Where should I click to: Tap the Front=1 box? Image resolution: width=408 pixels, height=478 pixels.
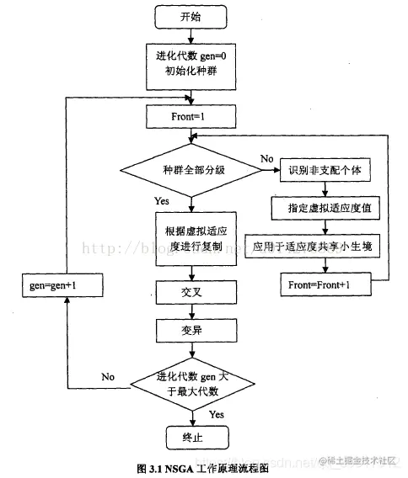click(x=191, y=117)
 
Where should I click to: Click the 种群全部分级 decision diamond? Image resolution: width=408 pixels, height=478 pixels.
click(x=191, y=170)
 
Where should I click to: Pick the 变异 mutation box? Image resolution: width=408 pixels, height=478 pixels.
click(x=191, y=331)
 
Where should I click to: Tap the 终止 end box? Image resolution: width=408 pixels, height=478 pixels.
click(x=191, y=438)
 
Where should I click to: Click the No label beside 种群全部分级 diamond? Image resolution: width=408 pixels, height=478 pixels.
click(x=267, y=158)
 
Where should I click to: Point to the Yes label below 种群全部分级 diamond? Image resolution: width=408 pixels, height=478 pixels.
click(x=162, y=202)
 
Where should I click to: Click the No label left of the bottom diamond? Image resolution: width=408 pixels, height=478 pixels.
click(x=108, y=375)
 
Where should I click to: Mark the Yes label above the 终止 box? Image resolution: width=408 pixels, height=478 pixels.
click(x=217, y=414)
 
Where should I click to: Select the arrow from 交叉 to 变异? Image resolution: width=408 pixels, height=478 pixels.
click(x=191, y=311)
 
